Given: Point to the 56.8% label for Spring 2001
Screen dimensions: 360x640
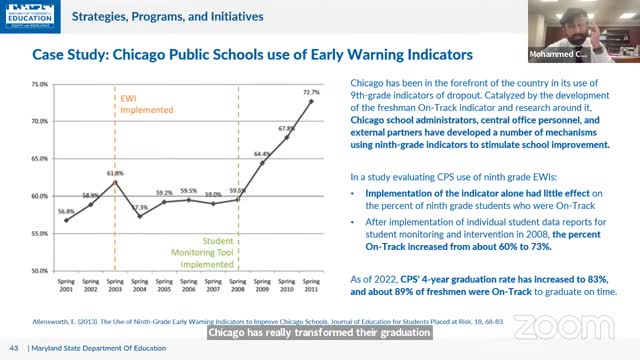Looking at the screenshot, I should point(66,211).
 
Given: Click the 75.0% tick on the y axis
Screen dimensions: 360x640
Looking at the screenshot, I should point(39,84).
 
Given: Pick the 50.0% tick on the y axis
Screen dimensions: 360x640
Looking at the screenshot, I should point(39,271).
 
